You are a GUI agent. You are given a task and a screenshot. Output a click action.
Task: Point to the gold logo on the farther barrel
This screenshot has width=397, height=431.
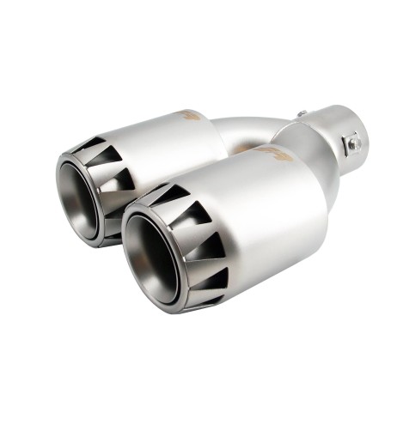[x=192, y=114]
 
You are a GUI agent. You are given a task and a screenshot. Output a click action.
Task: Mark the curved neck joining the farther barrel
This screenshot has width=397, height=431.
[x=249, y=129]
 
